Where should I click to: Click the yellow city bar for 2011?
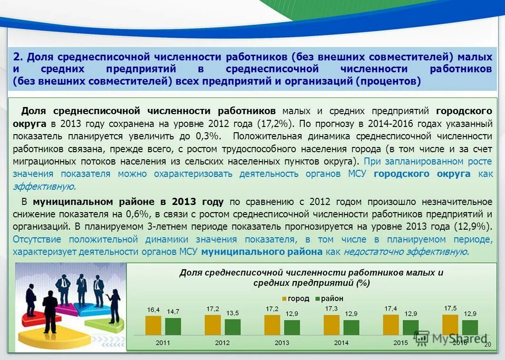[x=153, y=326]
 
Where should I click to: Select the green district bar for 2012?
[x=233, y=327]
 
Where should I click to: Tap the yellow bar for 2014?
[x=331, y=325]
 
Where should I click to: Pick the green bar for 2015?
[x=410, y=328]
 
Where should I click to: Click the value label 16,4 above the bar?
[x=153, y=310]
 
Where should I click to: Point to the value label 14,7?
[x=173, y=312]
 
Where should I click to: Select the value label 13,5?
[x=233, y=313]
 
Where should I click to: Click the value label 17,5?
[x=450, y=308]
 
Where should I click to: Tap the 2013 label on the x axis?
[x=282, y=342]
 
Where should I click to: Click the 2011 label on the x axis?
[x=163, y=342]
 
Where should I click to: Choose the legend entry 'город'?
[x=295, y=299]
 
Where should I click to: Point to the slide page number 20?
[x=487, y=344]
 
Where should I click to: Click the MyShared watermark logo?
[x=449, y=338]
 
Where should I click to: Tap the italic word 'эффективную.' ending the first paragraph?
[x=44, y=186]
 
